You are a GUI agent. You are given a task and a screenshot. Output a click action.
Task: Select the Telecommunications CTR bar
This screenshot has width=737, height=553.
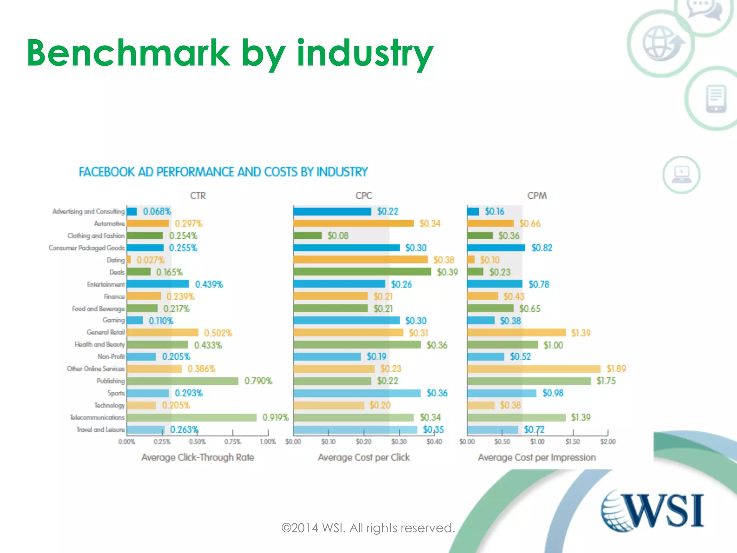191,418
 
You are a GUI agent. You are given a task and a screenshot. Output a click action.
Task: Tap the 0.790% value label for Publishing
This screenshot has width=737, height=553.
258,381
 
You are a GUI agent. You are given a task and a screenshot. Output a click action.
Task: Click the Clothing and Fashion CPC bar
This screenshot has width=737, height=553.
307,236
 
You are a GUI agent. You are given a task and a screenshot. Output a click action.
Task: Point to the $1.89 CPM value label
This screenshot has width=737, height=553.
616,369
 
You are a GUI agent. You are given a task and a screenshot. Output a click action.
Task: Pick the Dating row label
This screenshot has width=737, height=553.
116,260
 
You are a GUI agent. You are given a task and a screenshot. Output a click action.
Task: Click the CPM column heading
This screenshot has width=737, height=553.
537,196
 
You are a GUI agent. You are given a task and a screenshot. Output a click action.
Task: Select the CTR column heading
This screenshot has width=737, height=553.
198,196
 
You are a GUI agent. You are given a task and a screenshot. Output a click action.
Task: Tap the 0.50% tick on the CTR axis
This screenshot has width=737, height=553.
197,442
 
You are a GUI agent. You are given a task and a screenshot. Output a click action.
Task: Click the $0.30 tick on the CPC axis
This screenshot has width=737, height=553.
399,442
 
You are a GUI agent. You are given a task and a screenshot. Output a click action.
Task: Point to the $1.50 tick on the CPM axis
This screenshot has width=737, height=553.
572,442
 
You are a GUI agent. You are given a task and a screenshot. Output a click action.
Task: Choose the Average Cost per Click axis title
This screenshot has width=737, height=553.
363,458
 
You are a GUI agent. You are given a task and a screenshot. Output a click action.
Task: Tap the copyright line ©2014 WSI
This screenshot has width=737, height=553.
368,528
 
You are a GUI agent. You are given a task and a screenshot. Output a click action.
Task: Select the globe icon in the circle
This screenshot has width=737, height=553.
661,43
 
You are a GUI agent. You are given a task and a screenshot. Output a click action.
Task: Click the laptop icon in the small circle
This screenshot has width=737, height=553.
681,175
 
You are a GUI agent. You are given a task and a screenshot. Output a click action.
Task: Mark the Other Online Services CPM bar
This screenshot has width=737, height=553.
534,369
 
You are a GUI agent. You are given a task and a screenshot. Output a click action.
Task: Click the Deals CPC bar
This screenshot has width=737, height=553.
362,272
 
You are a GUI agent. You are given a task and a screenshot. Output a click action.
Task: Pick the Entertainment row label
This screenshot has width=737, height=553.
105,284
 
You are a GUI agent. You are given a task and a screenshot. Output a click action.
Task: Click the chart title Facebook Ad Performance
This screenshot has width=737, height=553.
223,172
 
